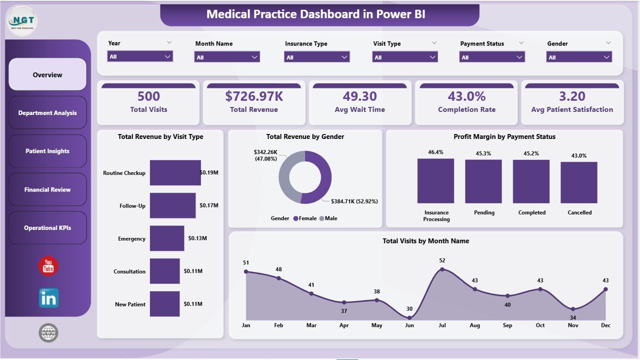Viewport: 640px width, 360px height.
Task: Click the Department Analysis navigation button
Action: coord(47,113)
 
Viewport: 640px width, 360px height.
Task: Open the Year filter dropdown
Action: coord(140,56)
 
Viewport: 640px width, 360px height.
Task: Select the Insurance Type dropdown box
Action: coord(316,57)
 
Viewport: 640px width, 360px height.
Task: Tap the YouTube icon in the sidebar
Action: coord(48,266)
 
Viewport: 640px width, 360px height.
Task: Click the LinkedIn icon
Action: coord(48,298)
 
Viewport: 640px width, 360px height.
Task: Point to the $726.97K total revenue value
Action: coord(253,96)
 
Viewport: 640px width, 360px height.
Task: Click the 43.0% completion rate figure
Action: coord(466,96)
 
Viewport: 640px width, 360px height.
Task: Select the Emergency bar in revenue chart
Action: coord(167,238)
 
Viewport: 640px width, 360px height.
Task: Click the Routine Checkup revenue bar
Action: coord(175,173)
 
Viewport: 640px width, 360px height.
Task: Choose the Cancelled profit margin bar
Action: coord(579,182)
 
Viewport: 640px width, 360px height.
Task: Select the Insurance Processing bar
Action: coord(436,181)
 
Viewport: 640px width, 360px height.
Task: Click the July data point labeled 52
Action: coord(442,269)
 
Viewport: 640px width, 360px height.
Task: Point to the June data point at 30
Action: coord(409,317)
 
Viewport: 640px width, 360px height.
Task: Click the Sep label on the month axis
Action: coord(507,325)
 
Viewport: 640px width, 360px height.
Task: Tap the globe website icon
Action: coord(48,332)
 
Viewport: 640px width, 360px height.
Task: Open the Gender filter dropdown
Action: coord(578,57)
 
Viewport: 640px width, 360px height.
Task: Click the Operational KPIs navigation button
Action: coord(47,228)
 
